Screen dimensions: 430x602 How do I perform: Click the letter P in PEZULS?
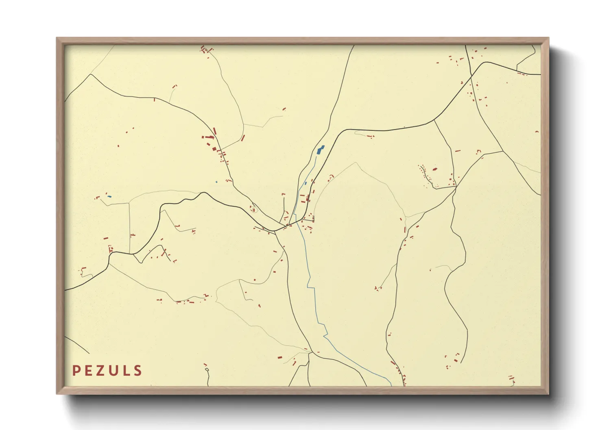(x=76, y=371)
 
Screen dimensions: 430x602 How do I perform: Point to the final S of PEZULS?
(x=138, y=371)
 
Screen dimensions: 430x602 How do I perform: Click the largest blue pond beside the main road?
(x=321, y=150)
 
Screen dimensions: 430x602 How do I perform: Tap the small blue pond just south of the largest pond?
(x=306, y=183)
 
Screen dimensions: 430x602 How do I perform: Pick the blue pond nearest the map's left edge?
(x=109, y=197)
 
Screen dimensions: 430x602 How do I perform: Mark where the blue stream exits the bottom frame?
(x=390, y=385)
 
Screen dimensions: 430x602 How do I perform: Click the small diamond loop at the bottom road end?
(x=207, y=369)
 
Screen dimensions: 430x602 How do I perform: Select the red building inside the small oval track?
(x=254, y=210)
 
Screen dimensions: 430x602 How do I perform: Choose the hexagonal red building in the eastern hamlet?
(x=434, y=169)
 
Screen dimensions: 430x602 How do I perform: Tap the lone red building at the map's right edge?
(x=537, y=132)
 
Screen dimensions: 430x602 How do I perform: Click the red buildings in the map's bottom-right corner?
(x=512, y=380)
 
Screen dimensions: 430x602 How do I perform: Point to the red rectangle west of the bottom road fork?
(x=280, y=357)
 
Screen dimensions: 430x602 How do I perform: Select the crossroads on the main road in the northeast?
(x=472, y=75)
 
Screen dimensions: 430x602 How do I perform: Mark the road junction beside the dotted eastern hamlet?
(x=456, y=187)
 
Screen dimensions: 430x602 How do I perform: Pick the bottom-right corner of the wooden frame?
(x=548, y=393)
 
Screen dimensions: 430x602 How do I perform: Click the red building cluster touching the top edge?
(x=205, y=50)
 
